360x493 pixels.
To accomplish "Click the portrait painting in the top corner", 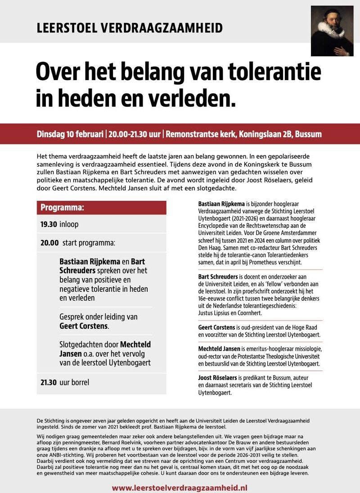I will [332, 31].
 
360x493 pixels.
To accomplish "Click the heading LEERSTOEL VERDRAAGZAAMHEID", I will [130, 28].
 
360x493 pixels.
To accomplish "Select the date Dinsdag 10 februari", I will [70, 134].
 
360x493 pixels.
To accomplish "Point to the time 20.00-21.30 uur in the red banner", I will [135, 134].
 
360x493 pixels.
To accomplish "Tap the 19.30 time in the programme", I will [49, 224].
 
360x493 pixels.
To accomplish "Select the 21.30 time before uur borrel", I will [49, 382].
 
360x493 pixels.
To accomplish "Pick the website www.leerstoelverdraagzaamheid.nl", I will [180, 487].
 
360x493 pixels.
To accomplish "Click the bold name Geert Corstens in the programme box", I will [84, 326].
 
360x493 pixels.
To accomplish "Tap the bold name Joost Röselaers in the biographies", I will [218, 377].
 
